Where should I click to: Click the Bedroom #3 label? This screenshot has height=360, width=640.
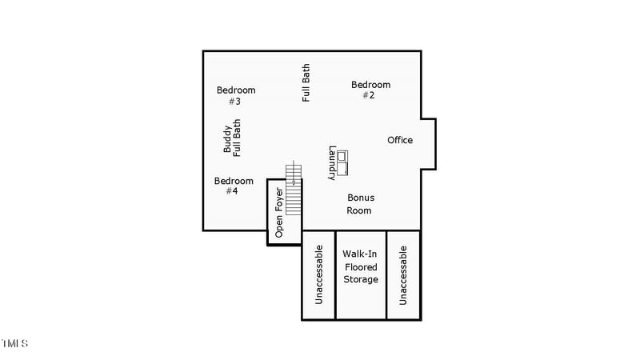coord(236,95)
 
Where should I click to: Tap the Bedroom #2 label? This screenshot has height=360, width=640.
coord(370,90)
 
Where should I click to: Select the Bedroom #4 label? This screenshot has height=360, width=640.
coord(234,186)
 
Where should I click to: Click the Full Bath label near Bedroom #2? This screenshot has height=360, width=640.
coord(306,83)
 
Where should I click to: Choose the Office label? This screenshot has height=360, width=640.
coord(400,140)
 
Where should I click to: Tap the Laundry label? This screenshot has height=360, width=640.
coord(332,162)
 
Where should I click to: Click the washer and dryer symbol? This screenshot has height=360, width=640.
coord(343,162)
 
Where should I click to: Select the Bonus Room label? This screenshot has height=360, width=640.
coord(360,204)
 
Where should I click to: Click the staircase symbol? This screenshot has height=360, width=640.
coord(294,188)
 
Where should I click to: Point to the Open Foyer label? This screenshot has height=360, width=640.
coord(279,212)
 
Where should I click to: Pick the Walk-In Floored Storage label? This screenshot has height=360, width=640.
coord(360,266)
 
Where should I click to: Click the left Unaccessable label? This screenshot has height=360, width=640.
coord(318,275)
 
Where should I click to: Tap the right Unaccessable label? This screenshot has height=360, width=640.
coord(403,275)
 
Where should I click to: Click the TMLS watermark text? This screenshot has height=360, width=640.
coord(15,343)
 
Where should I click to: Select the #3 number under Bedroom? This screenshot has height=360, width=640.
coord(234,102)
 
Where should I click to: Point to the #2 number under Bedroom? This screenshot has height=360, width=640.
coord(368,95)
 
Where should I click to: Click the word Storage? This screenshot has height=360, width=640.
coord(360,279)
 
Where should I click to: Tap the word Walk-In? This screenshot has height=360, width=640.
coord(360,254)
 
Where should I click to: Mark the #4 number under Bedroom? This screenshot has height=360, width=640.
coord(232,191)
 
